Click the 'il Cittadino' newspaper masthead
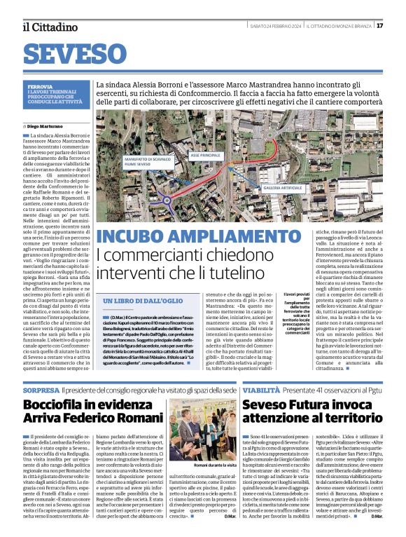point(50,27)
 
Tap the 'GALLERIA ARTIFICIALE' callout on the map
point(282,189)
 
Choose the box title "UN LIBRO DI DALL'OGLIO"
point(139,301)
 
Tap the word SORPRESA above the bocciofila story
point(40,389)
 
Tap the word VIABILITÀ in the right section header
point(260,389)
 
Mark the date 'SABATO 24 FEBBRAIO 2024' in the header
point(275,26)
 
